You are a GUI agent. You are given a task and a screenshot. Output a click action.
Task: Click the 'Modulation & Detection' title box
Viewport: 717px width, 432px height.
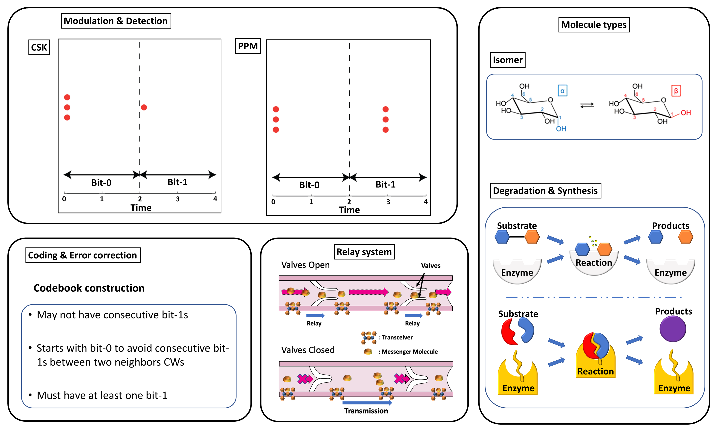tap(116, 21)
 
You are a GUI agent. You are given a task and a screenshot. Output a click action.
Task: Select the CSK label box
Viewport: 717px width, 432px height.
tap(39, 47)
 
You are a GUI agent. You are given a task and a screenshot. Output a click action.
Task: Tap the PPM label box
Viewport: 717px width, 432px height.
tap(248, 46)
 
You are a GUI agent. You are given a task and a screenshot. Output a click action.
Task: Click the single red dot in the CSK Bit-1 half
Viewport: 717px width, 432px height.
tap(144, 107)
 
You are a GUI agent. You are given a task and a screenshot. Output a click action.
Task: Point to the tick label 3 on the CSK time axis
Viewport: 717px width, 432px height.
tap(178, 199)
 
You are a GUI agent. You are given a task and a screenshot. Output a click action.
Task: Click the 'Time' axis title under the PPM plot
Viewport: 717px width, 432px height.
tap(349, 210)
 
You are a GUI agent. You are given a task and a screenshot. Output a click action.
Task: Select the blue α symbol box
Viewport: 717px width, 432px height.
tap(562, 91)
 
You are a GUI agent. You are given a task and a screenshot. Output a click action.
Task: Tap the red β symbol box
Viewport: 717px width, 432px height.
tap(676, 91)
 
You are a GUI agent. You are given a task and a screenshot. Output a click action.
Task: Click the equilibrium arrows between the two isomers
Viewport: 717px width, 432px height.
tap(587, 105)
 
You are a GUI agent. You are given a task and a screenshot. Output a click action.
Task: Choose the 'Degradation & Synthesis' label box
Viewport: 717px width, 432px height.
tap(545, 191)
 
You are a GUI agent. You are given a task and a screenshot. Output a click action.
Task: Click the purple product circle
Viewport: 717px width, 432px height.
tap(672, 329)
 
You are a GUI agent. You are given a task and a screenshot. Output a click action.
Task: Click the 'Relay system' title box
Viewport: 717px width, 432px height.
tap(364, 252)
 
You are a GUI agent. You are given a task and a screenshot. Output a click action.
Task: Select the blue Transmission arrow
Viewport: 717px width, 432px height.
tap(367, 403)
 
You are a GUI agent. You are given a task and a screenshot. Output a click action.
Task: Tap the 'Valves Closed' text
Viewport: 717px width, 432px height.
tap(308, 350)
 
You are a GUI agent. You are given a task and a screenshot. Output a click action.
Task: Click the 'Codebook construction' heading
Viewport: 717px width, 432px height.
tap(89, 288)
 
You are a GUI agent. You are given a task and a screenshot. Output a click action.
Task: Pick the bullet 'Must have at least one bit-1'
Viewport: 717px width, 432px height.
tap(102, 395)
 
